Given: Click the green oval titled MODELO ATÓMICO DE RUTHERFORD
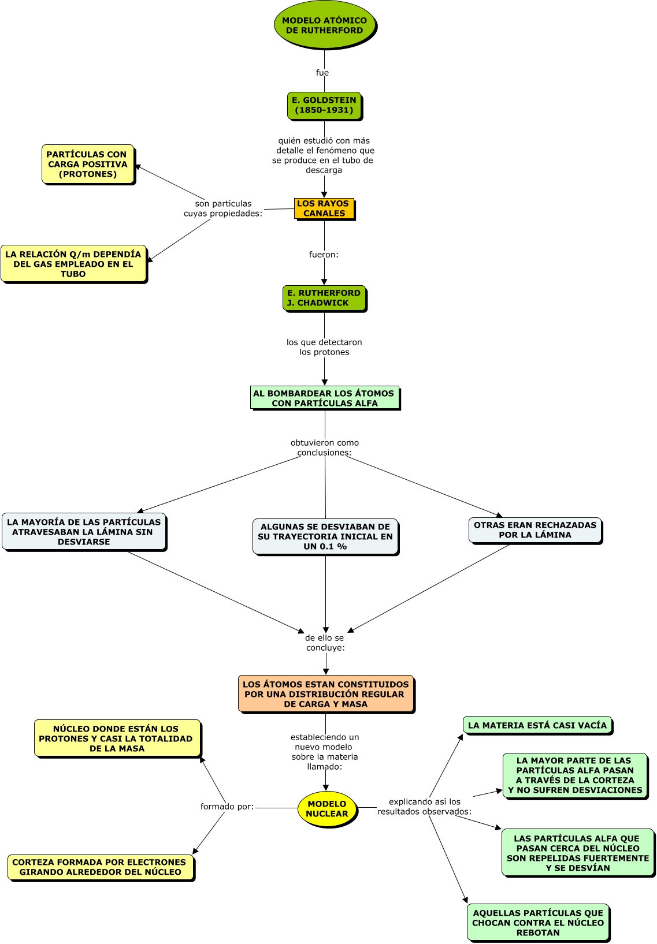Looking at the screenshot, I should coord(324,25).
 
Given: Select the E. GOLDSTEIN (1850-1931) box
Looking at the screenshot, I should coord(324,106).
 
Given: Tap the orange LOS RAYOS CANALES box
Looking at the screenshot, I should coord(324,208).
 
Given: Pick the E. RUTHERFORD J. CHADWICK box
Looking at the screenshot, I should coord(324,298).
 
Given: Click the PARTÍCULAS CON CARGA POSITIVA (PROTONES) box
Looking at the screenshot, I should coord(88,165).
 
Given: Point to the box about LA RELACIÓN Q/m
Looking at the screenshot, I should coord(73,264).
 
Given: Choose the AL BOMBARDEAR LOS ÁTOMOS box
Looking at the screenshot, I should coord(324,398).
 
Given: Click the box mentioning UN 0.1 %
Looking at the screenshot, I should coord(325,536).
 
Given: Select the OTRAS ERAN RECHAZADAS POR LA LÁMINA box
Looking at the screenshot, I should coord(535,530).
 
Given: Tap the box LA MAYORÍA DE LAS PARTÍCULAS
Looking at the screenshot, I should coord(84,532).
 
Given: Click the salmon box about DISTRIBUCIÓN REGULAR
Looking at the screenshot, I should coord(326,694).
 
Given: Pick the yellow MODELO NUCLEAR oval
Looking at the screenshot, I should coord(327,809).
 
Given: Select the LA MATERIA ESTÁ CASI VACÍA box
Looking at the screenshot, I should coord(537,725).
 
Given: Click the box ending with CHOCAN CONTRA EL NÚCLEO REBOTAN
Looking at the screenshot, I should coord(538,923).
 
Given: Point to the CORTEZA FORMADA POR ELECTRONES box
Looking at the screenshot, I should coord(101,867).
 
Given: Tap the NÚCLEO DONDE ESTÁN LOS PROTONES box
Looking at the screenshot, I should coord(117,738).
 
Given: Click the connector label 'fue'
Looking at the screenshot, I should coord(322,73).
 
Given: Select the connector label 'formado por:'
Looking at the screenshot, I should coord(227,807).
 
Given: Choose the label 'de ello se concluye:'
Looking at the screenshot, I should coord(325,643).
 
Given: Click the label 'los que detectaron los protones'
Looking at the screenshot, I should coord(324,347).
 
